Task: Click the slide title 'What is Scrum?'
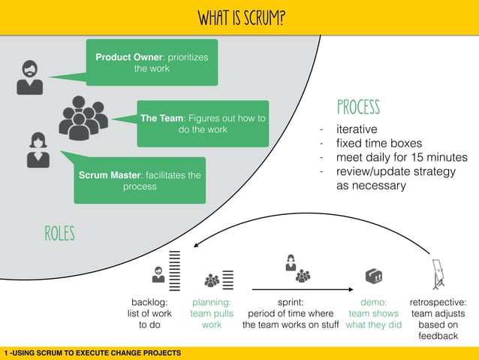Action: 240,17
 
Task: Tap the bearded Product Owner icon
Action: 30,77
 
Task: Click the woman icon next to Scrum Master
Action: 38,150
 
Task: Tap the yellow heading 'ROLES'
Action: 59,234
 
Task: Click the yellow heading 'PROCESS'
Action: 358,107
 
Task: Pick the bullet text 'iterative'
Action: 357,129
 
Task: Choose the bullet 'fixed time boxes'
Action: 378,144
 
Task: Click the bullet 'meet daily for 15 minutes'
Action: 402,158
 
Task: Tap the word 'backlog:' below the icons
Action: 149,302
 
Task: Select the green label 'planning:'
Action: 211,302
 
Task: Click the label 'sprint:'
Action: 291,302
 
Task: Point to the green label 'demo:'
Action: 373,302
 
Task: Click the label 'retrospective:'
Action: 438,302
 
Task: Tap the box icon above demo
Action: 373,276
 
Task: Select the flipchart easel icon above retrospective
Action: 438,274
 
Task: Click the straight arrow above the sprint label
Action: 302,289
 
